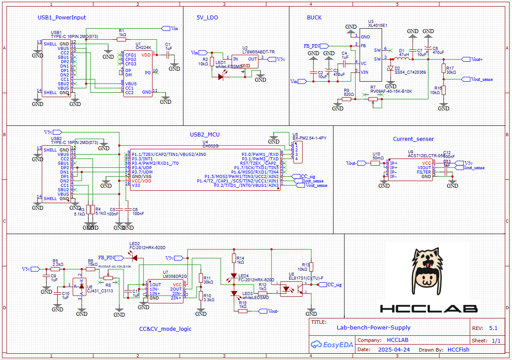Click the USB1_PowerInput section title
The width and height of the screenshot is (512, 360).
point(62,18)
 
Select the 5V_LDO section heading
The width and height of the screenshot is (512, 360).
point(207,18)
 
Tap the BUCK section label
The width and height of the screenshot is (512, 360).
point(314,18)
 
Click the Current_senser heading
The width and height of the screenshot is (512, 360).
point(413,139)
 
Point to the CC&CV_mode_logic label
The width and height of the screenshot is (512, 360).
point(166,329)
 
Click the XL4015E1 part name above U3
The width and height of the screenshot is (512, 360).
point(377,26)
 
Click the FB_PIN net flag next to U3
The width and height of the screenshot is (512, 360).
point(314,45)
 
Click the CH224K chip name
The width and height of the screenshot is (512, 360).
point(143,47)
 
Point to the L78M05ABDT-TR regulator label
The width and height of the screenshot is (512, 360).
point(258,52)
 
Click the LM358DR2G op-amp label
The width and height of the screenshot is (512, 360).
point(175,276)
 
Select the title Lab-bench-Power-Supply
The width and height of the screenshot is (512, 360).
point(373,327)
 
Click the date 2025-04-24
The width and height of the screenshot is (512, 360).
point(394,349)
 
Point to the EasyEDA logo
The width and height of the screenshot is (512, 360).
point(331,345)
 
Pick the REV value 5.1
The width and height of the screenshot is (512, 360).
point(493,328)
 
